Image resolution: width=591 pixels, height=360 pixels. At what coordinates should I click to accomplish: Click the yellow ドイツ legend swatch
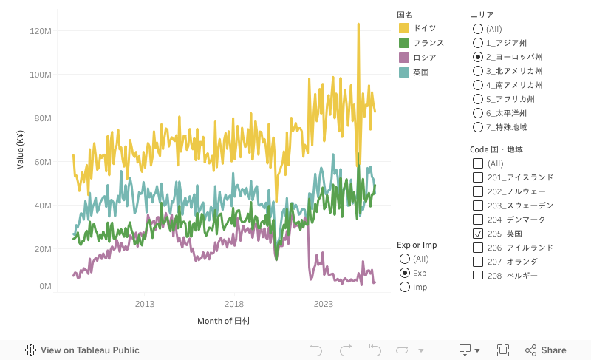point(404,28)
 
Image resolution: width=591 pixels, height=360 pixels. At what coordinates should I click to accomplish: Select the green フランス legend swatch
point(404,43)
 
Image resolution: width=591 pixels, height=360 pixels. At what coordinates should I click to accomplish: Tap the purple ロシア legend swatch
point(404,58)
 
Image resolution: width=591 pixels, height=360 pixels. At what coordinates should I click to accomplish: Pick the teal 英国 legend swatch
point(404,72)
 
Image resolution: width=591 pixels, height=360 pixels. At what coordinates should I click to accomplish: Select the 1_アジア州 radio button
point(478,43)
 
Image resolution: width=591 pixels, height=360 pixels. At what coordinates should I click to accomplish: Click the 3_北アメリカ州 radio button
point(478,71)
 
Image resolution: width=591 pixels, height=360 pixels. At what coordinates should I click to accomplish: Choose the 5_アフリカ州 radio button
point(478,99)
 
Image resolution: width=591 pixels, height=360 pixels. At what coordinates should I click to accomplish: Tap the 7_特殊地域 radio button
point(478,127)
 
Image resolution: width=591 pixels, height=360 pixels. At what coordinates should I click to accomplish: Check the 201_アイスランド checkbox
point(478,177)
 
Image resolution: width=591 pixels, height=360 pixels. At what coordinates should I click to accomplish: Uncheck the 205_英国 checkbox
point(478,234)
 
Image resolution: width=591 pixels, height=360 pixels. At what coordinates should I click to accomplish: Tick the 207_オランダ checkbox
point(478,262)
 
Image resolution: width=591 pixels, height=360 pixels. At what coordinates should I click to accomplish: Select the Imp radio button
point(404,287)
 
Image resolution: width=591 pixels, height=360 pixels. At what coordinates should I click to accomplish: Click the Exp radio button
point(404,273)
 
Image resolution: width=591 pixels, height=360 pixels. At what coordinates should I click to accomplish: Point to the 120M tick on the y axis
point(40,31)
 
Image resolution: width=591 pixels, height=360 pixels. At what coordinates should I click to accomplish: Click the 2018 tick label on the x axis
point(234,304)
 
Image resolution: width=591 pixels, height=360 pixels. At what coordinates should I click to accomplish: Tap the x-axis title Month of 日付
point(223,321)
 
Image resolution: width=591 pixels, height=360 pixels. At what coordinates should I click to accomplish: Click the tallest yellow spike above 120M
point(358,24)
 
